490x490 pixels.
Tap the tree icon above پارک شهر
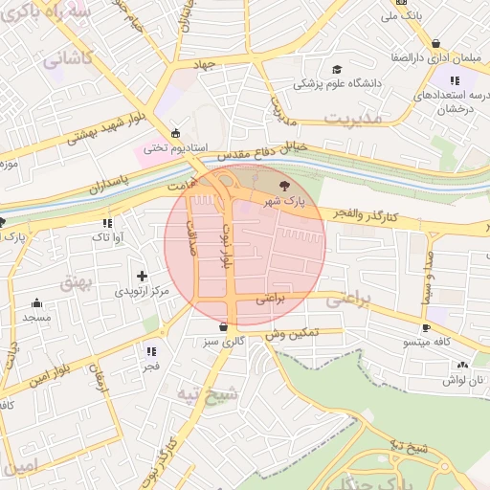tap(282, 186)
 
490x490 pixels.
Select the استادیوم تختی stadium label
tap(168, 148)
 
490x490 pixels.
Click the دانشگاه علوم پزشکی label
tap(337, 83)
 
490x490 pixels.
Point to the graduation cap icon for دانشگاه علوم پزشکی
tap(336, 69)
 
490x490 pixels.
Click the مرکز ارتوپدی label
tap(142, 290)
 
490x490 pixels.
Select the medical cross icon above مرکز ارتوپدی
tap(143, 276)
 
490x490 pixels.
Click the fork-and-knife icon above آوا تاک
tap(105, 223)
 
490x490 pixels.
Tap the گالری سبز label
tap(226, 340)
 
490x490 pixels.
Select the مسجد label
tap(36, 317)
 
